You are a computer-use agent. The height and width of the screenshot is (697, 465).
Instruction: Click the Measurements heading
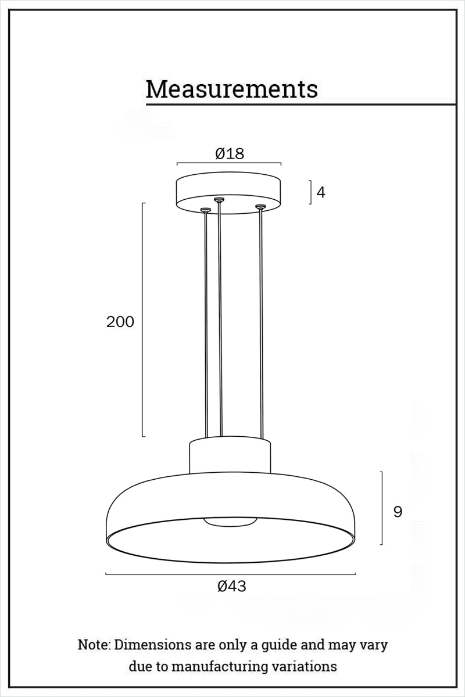[231, 89]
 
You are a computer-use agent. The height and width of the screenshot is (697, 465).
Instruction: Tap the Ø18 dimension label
[230, 153]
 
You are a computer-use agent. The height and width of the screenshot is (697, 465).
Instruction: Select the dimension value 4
[321, 192]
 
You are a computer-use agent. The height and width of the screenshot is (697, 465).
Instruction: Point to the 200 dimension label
[120, 322]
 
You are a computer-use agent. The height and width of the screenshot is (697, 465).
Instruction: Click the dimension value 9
[398, 512]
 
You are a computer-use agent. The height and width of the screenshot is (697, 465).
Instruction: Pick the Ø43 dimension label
[232, 587]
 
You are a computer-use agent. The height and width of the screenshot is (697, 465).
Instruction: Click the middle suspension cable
[220, 319]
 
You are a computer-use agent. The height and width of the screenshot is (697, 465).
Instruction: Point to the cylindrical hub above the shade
[230, 456]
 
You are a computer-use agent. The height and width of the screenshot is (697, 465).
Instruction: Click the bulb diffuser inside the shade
[230, 522]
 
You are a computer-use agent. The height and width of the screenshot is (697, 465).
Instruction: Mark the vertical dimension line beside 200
[143, 319]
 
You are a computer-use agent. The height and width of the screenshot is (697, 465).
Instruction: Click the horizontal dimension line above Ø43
[230, 574]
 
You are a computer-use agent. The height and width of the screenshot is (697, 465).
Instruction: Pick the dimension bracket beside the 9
[382, 508]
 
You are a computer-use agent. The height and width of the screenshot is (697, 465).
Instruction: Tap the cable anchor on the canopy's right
[260, 207]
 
